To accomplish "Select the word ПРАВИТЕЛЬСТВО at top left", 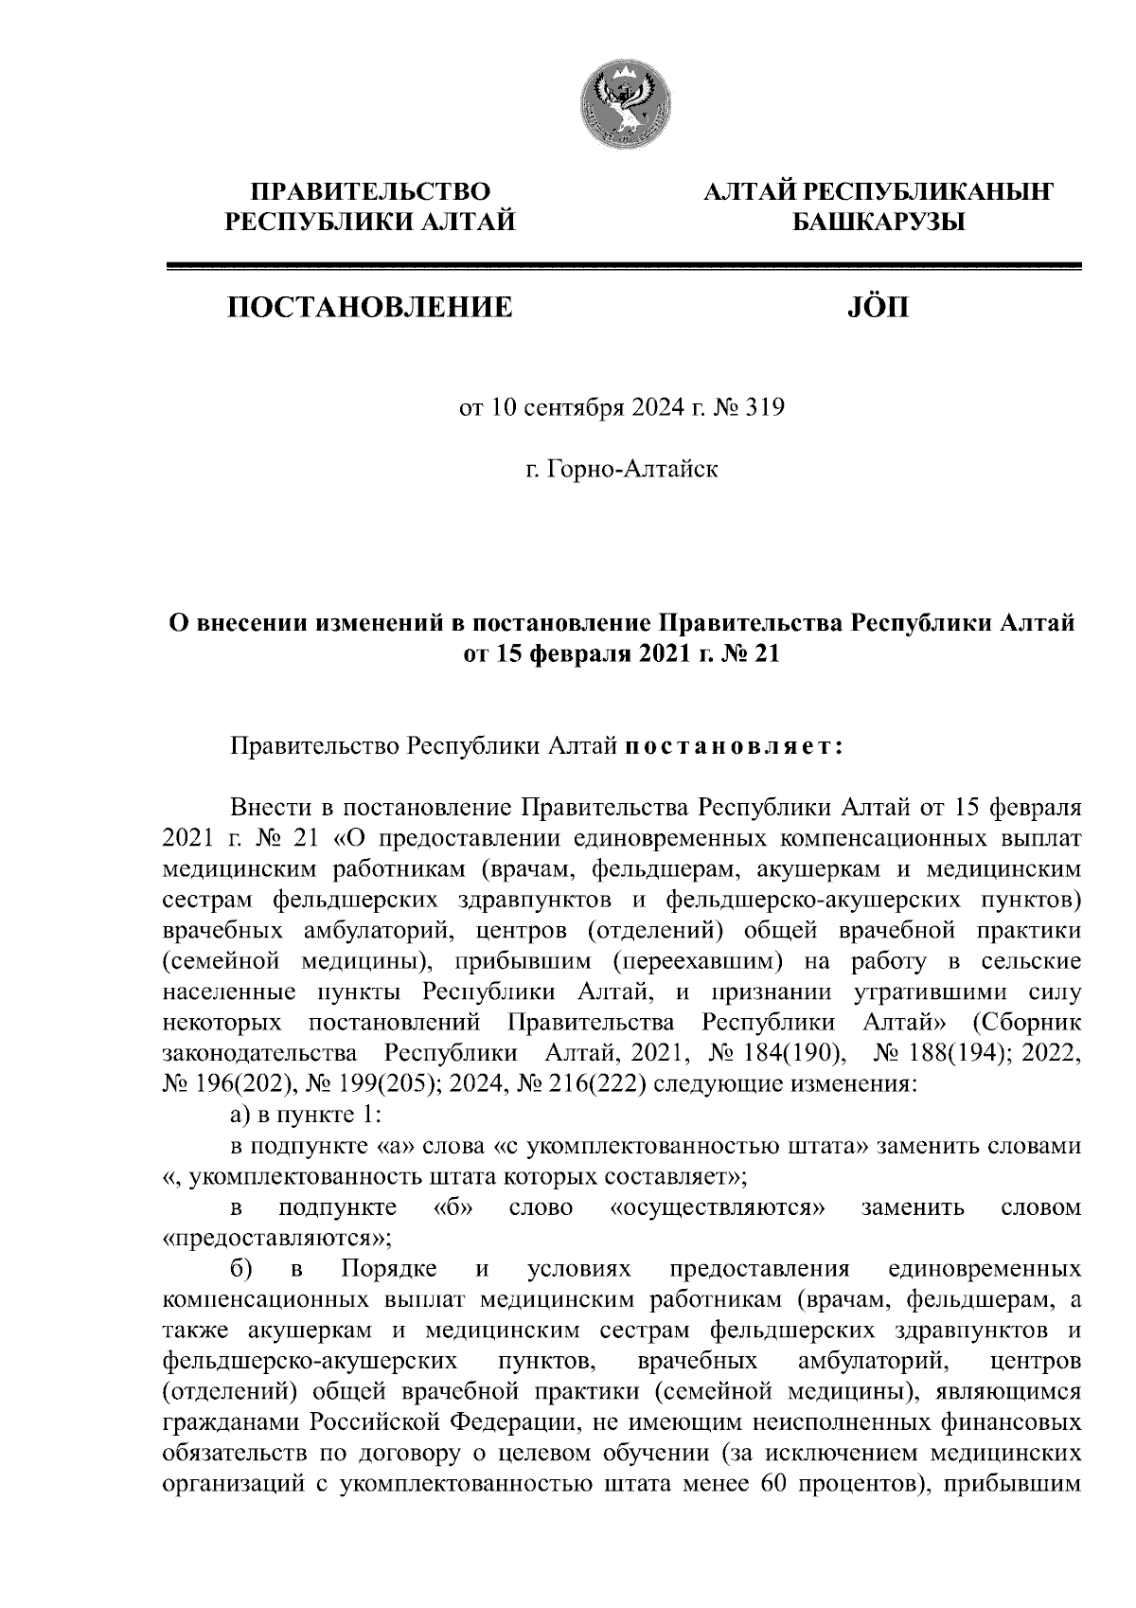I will coord(369,192).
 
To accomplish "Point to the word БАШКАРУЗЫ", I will coord(877,223).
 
